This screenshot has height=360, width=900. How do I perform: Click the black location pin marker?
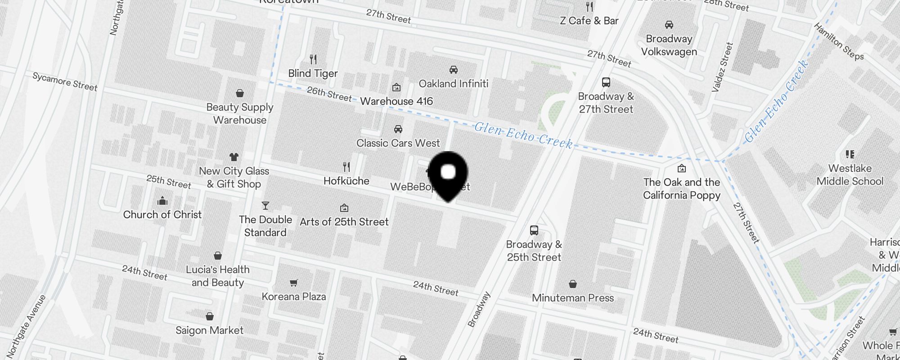pos(448,174)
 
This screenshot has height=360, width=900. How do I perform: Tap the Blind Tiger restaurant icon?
pos(313,59)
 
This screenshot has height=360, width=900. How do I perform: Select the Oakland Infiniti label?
pos(453,84)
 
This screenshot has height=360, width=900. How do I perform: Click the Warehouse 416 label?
pos(396,101)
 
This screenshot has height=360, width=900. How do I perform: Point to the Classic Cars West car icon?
pos(398,130)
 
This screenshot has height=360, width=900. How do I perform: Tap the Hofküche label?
pos(346,181)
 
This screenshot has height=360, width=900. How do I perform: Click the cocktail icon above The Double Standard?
pos(265,206)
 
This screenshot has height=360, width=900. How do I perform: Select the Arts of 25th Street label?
pos(344,222)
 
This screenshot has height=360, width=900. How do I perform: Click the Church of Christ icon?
pos(162,201)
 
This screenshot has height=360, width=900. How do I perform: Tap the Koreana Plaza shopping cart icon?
pos(293,283)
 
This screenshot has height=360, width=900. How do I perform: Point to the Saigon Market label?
pos(209,330)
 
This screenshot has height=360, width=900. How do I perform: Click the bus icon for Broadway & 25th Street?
pos(534,230)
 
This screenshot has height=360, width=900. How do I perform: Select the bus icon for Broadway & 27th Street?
pos(606,82)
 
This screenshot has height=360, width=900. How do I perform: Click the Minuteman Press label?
pos(572,298)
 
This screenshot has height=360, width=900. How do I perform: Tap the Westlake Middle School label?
pos(850,175)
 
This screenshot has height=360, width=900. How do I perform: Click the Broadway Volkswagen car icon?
pos(669,25)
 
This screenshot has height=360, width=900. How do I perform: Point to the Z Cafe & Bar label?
pos(589,21)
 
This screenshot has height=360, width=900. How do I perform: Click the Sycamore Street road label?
pos(65,82)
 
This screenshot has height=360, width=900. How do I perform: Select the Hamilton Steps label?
pos(839,41)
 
